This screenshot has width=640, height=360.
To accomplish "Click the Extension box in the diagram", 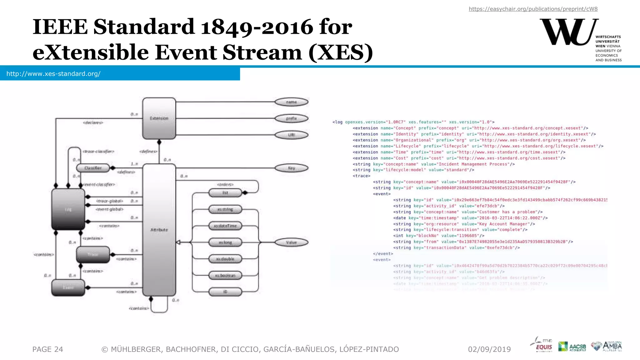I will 159,118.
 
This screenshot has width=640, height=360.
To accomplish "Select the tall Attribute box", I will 159,230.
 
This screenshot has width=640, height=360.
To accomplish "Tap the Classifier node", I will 93,168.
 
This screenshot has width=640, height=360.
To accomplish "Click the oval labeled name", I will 291,102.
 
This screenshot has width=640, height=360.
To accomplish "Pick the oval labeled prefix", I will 291,118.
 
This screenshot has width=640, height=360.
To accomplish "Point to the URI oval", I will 291,135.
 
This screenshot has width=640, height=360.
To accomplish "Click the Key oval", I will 291,168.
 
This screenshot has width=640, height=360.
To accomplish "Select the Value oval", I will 291,242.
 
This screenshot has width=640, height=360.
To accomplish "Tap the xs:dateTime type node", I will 225,226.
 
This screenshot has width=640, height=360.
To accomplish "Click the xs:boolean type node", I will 225,275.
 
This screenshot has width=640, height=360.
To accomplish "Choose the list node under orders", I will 225,193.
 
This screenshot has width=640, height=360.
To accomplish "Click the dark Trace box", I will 93,254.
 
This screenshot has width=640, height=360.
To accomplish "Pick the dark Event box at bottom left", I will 68,287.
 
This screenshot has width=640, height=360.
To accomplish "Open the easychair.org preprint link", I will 533,9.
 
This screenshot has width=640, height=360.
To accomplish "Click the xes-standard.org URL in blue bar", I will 53,74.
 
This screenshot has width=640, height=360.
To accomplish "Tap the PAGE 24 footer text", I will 48,349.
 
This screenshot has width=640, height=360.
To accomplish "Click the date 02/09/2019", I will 489,349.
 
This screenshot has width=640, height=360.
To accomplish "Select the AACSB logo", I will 572,346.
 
